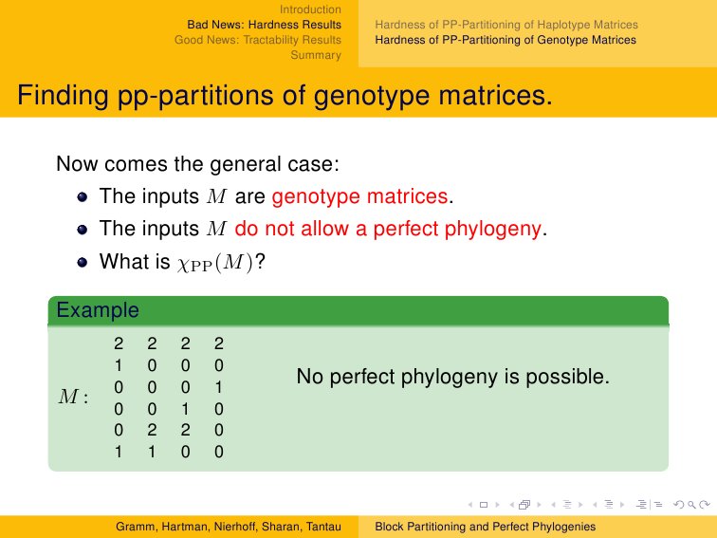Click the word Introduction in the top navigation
(x=310, y=9)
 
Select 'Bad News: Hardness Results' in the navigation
(x=264, y=25)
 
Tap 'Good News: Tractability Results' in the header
(x=257, y=40)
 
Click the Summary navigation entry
(x=316, y=55)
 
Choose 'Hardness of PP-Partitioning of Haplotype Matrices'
(x=506, y=25)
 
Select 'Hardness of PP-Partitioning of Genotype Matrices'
(x=506, y=40)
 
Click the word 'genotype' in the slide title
(x=372, y=96)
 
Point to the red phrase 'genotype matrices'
(x=359, y=196)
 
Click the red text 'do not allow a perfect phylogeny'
(x=388, y=229)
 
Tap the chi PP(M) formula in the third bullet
(x=215, y=263)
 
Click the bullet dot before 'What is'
(x=83, y=262)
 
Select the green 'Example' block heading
(x=98, y=310)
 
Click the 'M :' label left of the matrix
(x=73, y=397)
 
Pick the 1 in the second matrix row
(x=119, y=365)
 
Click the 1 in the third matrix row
(x=218, y=387)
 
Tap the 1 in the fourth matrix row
(x=185, y=409)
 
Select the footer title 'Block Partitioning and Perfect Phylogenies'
(x=486, y=527)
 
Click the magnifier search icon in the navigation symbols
(x=691, y=505)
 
